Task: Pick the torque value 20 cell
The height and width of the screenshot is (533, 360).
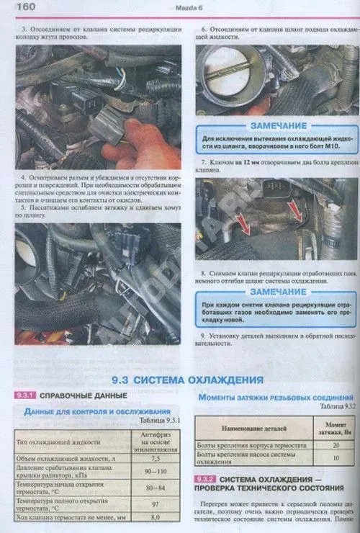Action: coord(336,446)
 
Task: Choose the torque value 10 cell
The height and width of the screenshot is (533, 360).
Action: coord(336,459)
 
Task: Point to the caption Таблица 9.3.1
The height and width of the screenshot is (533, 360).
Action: coord(156,421)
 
